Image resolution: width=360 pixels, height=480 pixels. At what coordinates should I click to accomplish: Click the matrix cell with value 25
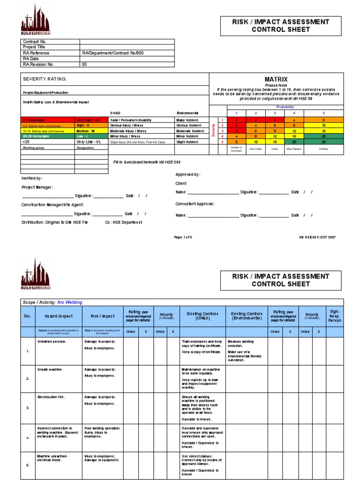pyautogui.click(x=323, y=142)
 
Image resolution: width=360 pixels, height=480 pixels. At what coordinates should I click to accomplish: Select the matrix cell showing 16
pyautogui.click(x=294, y=135)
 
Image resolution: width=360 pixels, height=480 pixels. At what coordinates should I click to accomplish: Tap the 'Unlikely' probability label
pyautogui.click(x=323, y=149)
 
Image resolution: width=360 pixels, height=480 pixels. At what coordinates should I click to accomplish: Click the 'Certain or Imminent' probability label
pyautogui.click(x=236, y=149)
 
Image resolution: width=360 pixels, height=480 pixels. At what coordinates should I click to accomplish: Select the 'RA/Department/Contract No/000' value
pyautogui.click(x=112, y=53)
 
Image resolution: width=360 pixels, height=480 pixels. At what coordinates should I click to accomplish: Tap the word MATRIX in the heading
pyautogui.click(x=276, y=80)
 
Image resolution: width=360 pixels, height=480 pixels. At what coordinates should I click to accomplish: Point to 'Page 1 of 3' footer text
pyautogui.click(x=183, y=237)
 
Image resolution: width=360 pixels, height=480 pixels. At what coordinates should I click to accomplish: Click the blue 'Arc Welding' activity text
pyautogui.click(x=69, y=302)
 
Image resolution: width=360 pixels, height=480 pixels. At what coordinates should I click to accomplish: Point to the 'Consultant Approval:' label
pyautogui.click(x=195, y=204)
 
